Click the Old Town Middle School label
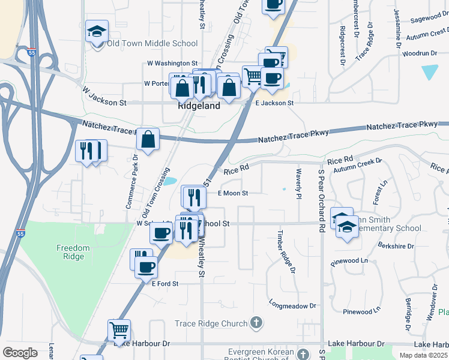click(x=152, y=43)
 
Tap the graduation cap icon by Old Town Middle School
click(x=96, y=32)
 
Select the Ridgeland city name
click(x=199, y=106)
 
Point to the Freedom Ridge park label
click(x=73, y=252)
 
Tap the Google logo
click(x=20, y=353)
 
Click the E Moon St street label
click(x=232, y=193)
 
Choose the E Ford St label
click(x=165, y=283)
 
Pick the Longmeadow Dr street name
click(x=292, y=305)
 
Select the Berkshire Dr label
click(x=397, y=246)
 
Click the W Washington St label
click(x=172, y=63)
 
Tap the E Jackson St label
click(x=274, y=103)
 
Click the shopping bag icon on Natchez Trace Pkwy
click(x=148, y=140)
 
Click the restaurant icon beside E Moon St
click(x=194, y=196)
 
